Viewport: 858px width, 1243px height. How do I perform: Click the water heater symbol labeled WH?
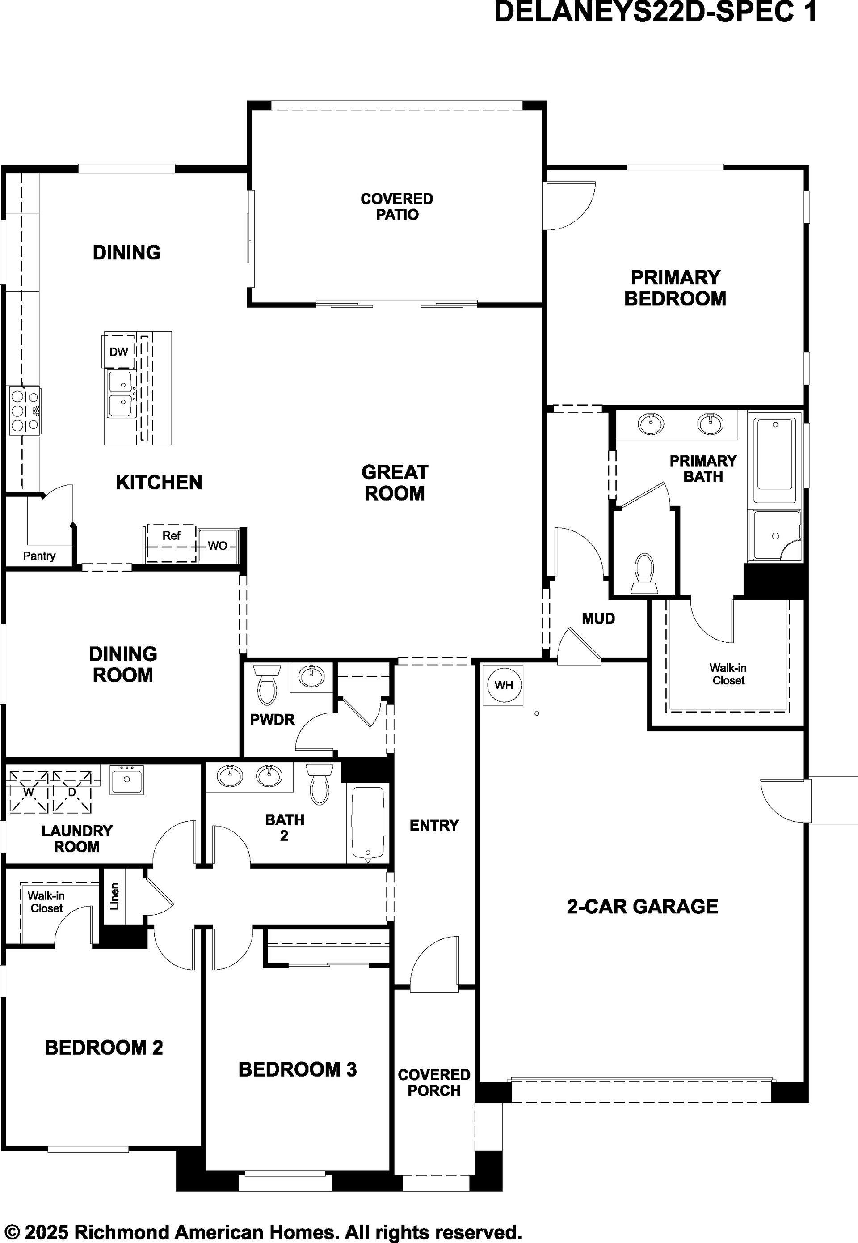(x=503, y=685)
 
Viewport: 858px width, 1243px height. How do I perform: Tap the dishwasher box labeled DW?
(x=118, y=352)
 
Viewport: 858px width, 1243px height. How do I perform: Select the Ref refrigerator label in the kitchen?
(x=172, y=535)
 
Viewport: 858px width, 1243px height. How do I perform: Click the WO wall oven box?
(x=217, y=546)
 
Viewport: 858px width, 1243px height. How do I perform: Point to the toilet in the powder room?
(x=267, y=684)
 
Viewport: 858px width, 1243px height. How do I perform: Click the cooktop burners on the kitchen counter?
(x=25, y=412)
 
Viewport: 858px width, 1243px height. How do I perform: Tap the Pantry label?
(x=39, y=556)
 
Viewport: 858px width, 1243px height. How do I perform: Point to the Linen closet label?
(x=114, y=896)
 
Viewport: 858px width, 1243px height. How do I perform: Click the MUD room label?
(x=598, y=619)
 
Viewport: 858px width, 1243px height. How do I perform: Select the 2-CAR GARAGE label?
(x=643, y=907)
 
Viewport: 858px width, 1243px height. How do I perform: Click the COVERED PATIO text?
(x=397, y=207)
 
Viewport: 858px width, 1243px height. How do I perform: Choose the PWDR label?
(x=273, y=719)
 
